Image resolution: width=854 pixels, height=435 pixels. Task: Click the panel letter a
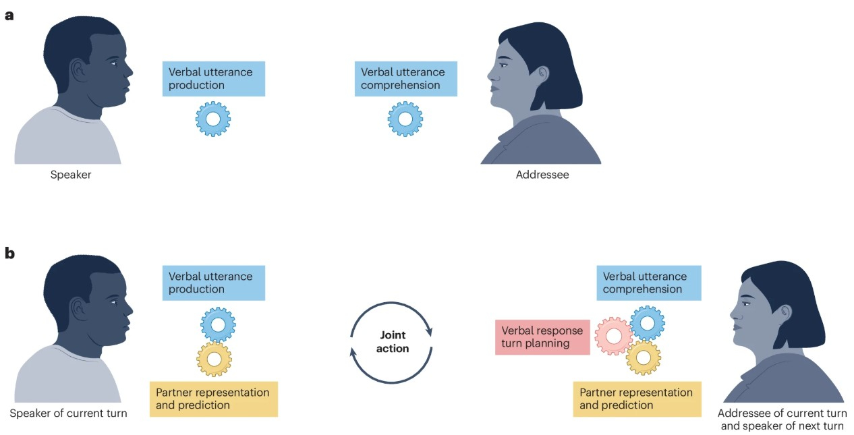(x=9, y=15)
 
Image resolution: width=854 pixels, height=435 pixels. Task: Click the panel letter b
(x=9, y=254)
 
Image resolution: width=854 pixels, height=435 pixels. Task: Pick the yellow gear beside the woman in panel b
(x=643, y=357)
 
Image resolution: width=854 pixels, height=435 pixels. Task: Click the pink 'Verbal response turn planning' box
(x=542, y=337)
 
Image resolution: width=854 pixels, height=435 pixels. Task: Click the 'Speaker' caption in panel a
(x=70, y=175)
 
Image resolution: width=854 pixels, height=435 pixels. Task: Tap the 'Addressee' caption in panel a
(x=542, y=175)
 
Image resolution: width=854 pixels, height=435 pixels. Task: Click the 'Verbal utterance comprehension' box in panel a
(x=405, y=79)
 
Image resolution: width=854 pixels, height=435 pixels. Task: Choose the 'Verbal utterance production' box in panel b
(x=213, y=283)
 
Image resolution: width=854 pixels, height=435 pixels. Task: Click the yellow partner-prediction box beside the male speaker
(x=213, y=399)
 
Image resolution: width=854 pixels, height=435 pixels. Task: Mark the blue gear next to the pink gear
(x=648, y=323)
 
